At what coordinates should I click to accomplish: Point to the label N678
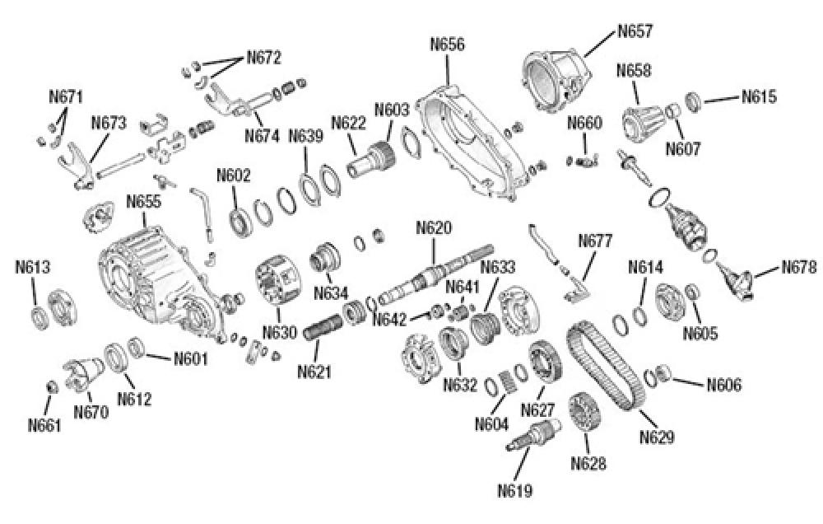tap(798, 267)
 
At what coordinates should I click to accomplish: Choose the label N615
tap(759, 96)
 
